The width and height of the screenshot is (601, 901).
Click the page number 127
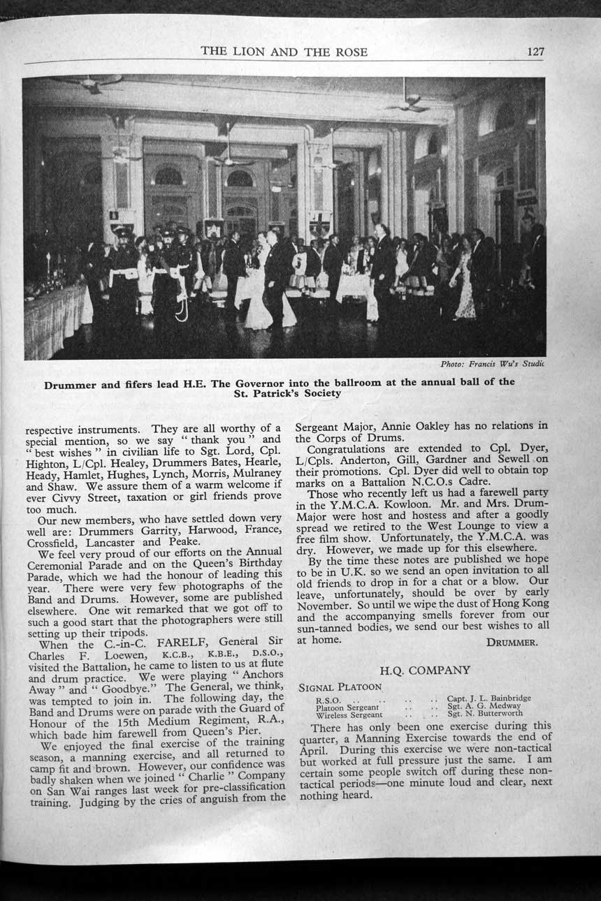tap(536, 51)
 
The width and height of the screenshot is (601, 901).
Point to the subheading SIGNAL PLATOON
tap(340, 687)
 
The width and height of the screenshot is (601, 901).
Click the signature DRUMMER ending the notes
tap(512, 640)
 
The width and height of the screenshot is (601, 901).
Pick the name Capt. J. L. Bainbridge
tap(488, 698)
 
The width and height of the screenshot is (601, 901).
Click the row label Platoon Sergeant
tap(347, 706)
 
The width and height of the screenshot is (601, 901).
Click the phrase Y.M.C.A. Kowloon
tap(363, 506)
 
